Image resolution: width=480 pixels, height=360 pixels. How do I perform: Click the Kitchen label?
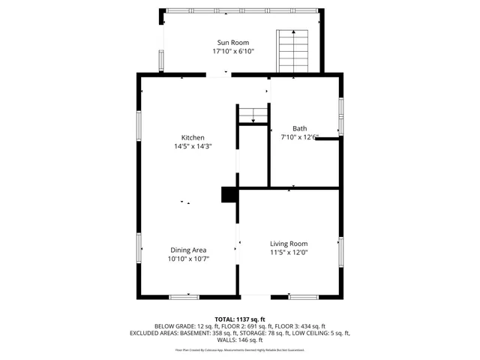coord(193,137)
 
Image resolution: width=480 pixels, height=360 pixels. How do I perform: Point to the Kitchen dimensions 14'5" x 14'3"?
coord(193,147)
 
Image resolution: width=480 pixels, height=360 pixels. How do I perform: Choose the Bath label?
coord(299,128)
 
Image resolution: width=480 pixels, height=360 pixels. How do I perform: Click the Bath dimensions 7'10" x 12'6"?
coord(299,137)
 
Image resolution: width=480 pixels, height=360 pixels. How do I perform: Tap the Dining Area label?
coord(188,250)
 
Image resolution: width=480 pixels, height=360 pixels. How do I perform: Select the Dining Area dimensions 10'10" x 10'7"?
coord(188,259)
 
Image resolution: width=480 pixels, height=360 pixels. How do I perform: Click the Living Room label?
coord(289,243)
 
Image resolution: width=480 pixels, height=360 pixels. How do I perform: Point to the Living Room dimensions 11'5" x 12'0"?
coord(289,253)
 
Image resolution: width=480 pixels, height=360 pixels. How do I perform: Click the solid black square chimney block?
coord(229,195)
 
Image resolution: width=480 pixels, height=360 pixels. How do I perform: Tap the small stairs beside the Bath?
coord(253,115)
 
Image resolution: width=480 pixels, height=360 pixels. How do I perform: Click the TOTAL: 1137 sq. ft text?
coord(240,319)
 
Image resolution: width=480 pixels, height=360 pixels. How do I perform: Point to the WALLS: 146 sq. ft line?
coord(240,340)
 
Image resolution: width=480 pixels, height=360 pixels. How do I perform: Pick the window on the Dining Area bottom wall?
coord(184,297)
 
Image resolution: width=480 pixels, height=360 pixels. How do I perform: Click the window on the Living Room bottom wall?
coord(303,297)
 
